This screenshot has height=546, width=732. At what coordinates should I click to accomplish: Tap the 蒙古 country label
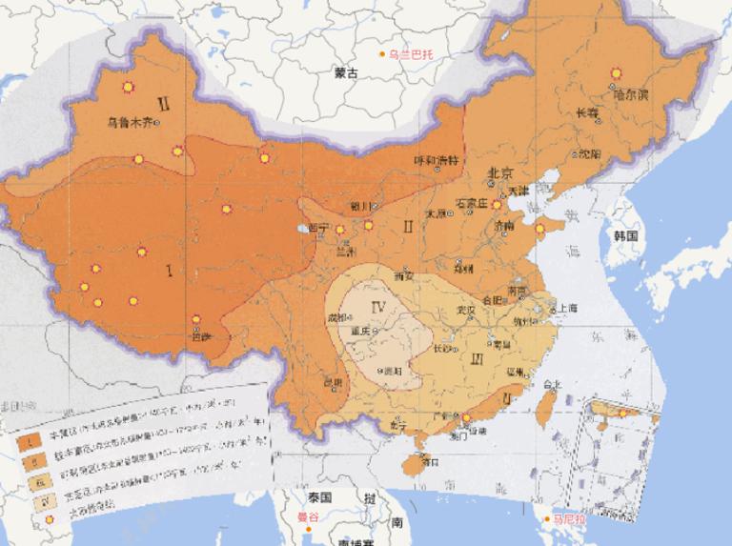345,72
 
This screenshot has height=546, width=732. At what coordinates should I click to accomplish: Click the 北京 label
500,173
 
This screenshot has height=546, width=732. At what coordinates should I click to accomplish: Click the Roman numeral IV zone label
377,307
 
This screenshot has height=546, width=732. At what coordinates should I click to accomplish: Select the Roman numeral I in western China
170,272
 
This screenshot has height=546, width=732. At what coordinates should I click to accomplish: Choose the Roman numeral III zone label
478,358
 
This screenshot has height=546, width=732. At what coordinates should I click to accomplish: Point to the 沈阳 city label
589,152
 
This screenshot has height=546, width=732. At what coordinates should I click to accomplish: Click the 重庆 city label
359,331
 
